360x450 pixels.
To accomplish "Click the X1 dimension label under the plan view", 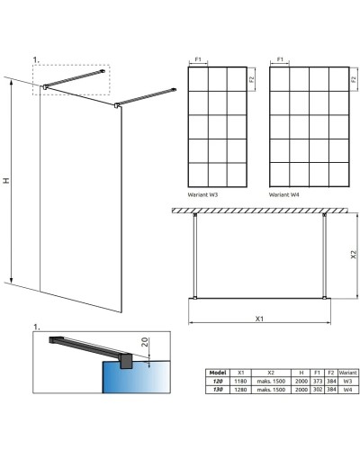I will click(259, 319).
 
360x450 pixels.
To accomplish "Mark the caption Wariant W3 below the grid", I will click(203, 193).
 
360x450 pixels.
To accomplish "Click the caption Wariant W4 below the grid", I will click(284, 193).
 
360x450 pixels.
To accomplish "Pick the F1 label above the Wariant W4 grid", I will click(280, 59).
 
